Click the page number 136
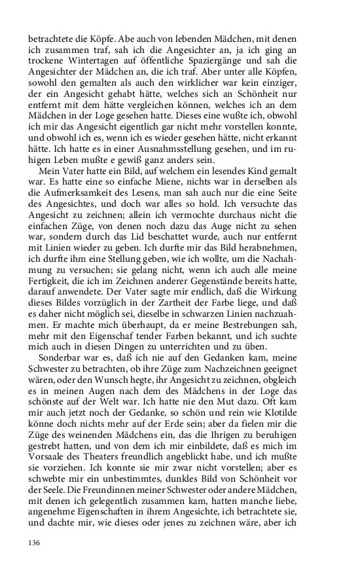(x=35, y=543)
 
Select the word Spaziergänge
(x=234, y=62)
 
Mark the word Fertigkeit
(x=50, y=297)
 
